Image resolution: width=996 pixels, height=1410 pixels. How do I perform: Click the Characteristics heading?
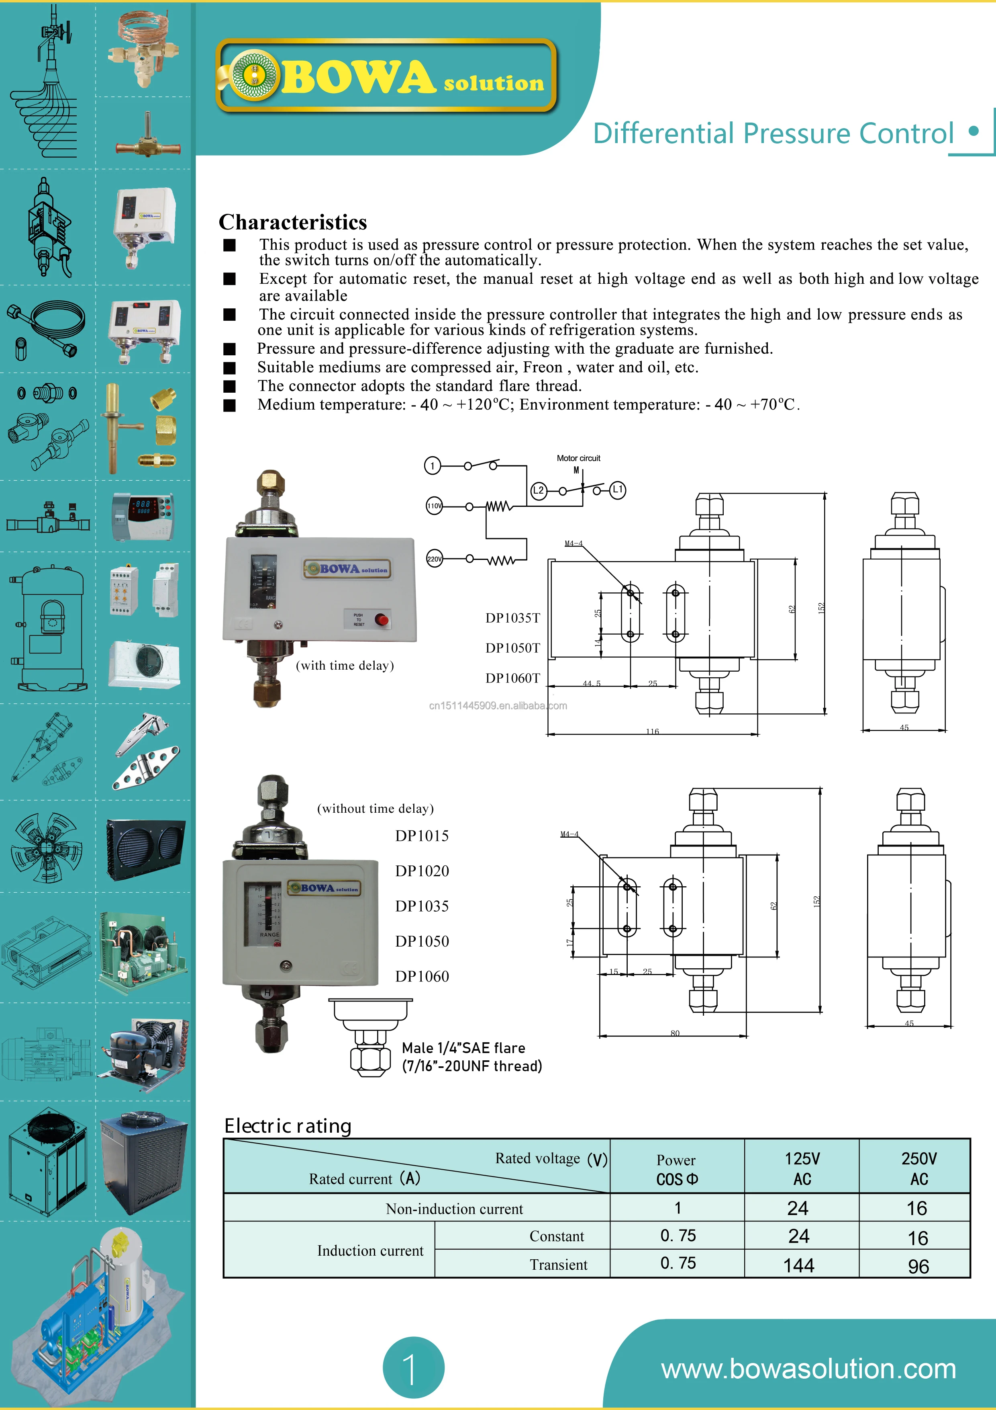pyautogui.click(x=293, y=222)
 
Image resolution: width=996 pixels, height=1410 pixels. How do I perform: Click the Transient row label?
pyautogui.click(x=559, y=1264)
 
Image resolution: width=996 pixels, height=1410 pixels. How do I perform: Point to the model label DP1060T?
pyautogui.click(x=512, y=678)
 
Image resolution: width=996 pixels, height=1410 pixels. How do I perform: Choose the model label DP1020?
pyautogui.click(x=422, y=871)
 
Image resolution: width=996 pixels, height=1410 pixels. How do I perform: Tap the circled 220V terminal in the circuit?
pyautogui.click(x=434, y=559)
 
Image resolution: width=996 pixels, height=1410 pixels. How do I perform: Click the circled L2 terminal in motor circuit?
pyautogui.click(x=538, y=490)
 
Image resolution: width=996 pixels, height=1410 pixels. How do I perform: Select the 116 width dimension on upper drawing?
pyautogui.click(x=652, y=731)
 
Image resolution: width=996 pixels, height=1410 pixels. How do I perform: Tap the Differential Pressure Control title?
pyautogui.click(x=773, y=133)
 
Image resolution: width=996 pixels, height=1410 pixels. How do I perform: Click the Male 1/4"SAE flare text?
pyautogui.click(x=463, y=1048)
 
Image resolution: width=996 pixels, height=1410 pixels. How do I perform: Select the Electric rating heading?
pyautogui.click(x=288, y=1126)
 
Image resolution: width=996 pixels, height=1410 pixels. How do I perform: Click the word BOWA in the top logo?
pyautogui.click(x=358, y=78)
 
